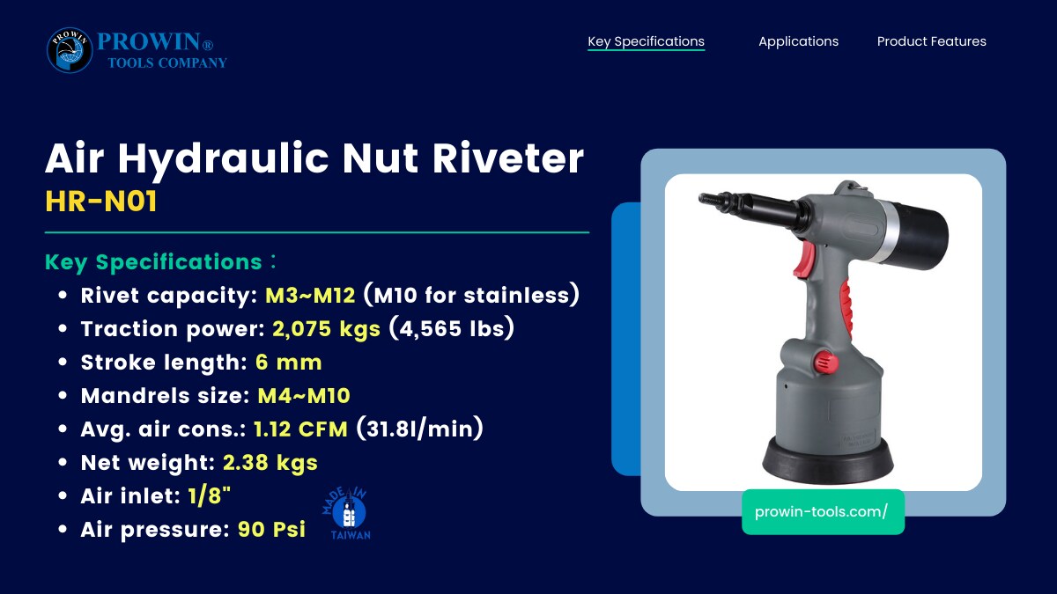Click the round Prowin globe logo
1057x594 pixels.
pyautogui.click(x=70, y=50)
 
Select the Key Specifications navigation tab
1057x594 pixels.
pyautogui.click(x=646, y=41)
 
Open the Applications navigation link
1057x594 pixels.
pyautogui.click(x=798, y=41)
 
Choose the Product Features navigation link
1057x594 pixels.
pyautogui.click(x=932, y=41)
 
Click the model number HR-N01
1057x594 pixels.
pyautogui.click(x=101, y=202)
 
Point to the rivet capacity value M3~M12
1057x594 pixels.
pyautogui.click(x=310, y=296)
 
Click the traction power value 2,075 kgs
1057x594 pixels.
pyautogui.click(x=326, y=329)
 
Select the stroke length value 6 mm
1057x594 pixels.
pyautogui.click(x=288, y=363)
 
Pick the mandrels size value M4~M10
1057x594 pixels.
pyautogui.click(x=303, y=396)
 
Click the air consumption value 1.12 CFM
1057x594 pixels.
pyautogui.click(x=300, y=429)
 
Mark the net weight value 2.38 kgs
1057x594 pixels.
pyautogui.click(x=270, y=463)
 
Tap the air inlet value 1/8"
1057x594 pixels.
pyautogui.click(x=209, y=496)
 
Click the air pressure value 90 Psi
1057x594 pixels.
pyautogui.click(x=271, y=530)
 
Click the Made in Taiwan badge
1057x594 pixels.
pyautogui.click(x=347, y=514)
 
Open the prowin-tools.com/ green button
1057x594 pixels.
pyautogui.click(x=823, y=512)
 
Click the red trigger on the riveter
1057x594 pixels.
pyautogui.click(x=804, y=259)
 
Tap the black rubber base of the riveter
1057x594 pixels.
pyautogui.click(x=828, y=459)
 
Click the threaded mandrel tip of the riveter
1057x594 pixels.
pyautogui.click(x=712, y=200)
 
